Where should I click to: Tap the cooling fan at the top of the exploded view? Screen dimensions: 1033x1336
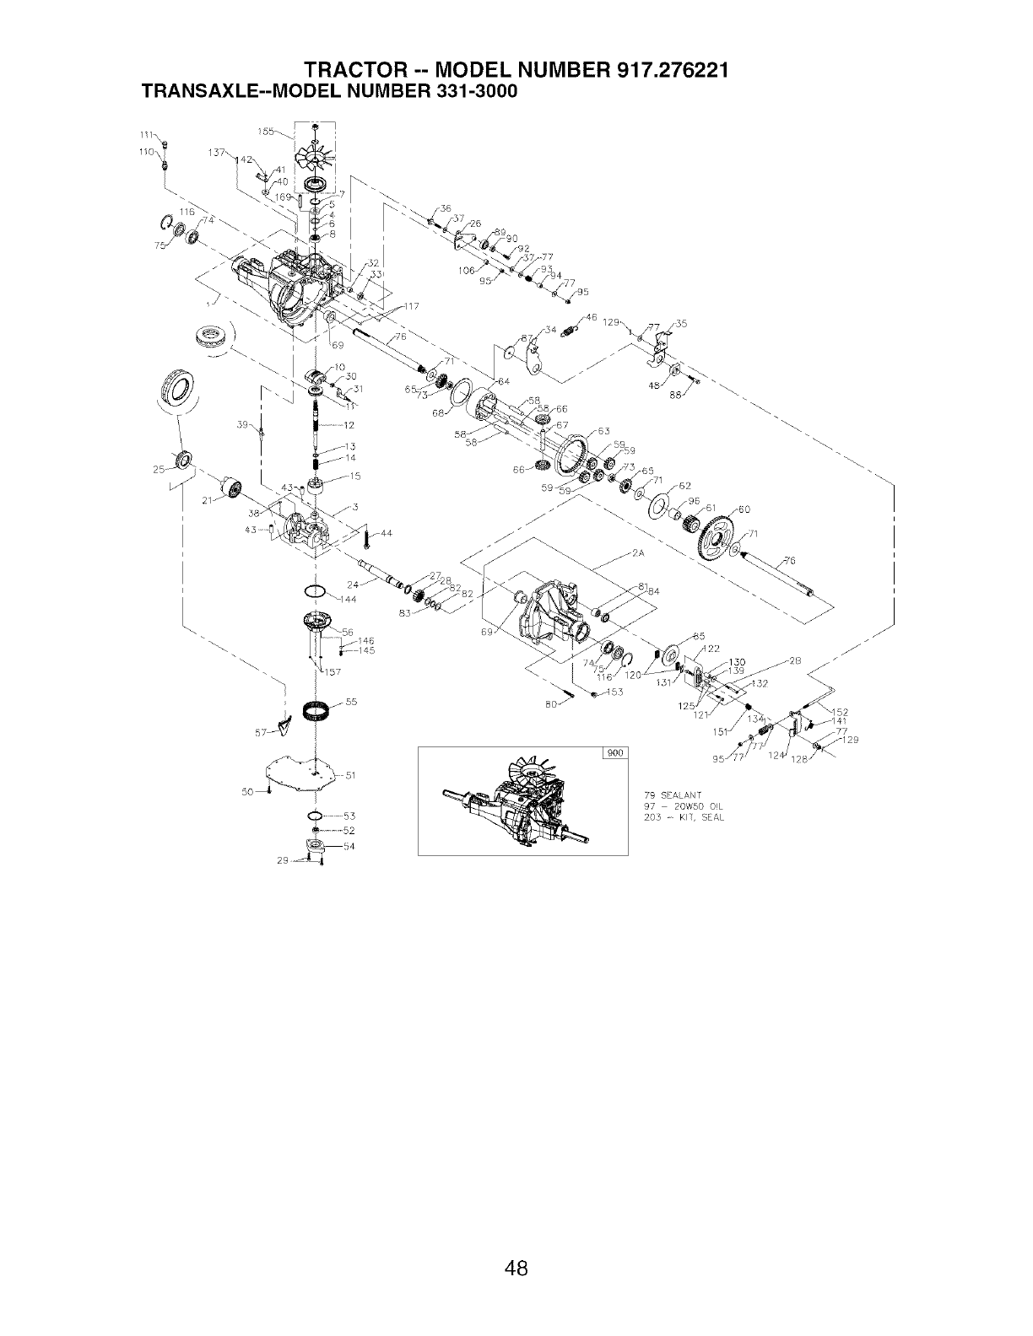coord(315,157)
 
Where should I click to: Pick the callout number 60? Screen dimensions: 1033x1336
coord(744,509)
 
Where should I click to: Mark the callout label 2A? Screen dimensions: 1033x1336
coord(638,554)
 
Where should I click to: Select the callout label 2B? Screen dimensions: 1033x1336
coord(794,660)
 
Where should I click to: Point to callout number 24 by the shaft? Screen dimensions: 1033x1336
coord(354,584)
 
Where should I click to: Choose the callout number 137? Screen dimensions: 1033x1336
coord(214,153)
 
